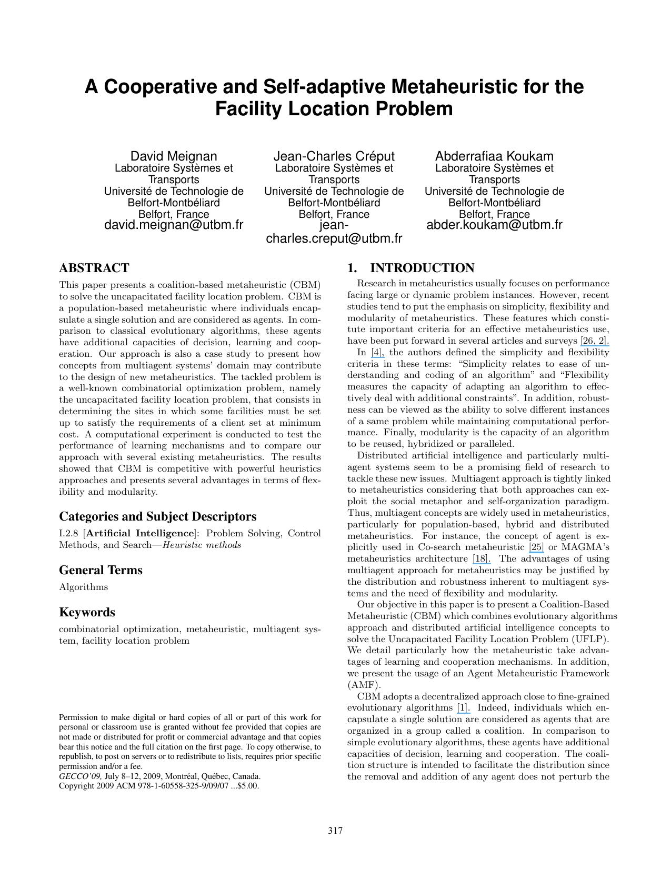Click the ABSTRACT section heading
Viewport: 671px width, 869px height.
point(94,268)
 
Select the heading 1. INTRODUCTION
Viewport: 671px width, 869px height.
point(410,268)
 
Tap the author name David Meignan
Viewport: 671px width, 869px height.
point(174,156)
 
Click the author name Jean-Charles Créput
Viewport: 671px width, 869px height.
point(334,156)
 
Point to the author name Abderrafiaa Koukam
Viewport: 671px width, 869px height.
point(494,156)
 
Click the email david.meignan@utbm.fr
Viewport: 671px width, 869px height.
point(174,225)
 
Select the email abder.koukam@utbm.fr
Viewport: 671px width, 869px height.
point(494,225)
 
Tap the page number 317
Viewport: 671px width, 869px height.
point(335,831)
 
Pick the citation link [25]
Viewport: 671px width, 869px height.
point(536,547)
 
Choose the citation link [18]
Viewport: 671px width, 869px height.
point(482,559)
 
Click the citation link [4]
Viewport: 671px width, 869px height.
point(378,353)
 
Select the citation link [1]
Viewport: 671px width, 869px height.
point(463,708)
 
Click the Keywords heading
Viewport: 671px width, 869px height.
point(87,612)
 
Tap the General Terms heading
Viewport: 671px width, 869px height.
point(101,570)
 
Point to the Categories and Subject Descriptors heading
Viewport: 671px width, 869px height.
point(157,516)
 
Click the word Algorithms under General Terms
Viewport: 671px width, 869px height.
point(83,587)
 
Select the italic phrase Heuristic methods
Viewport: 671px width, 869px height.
point(202,545)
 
